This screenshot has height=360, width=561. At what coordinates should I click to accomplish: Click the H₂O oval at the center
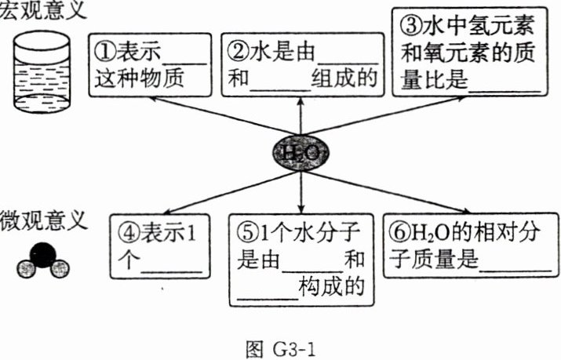[301, 151]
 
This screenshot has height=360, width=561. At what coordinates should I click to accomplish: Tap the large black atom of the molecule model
[42, 254]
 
